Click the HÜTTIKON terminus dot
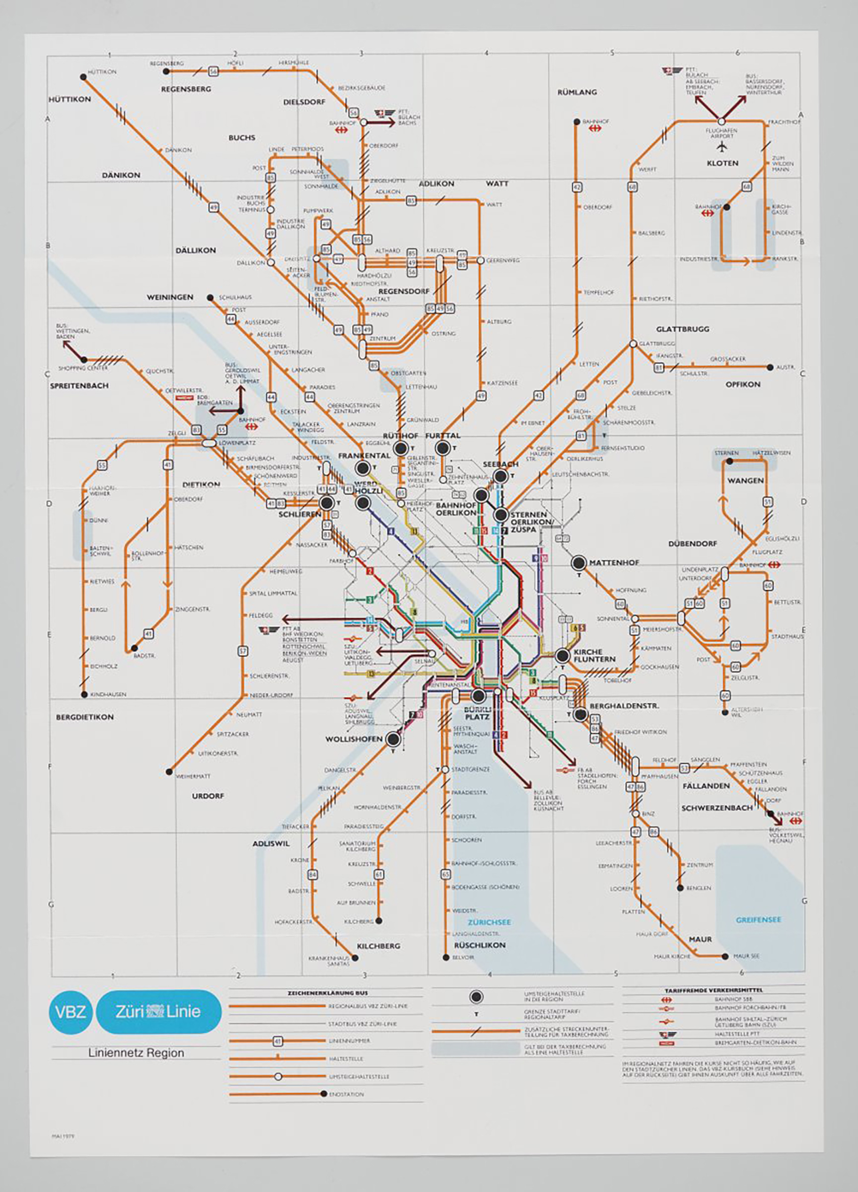tap(83, 77)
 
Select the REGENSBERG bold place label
tap(186, 89)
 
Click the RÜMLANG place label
tap(577, 92)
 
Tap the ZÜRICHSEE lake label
tap(489, 922)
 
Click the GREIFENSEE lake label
tap(758, 919)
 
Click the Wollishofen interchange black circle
tap(392, 740)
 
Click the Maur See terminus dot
tap(725, 956)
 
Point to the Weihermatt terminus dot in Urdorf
tap(169, 772)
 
